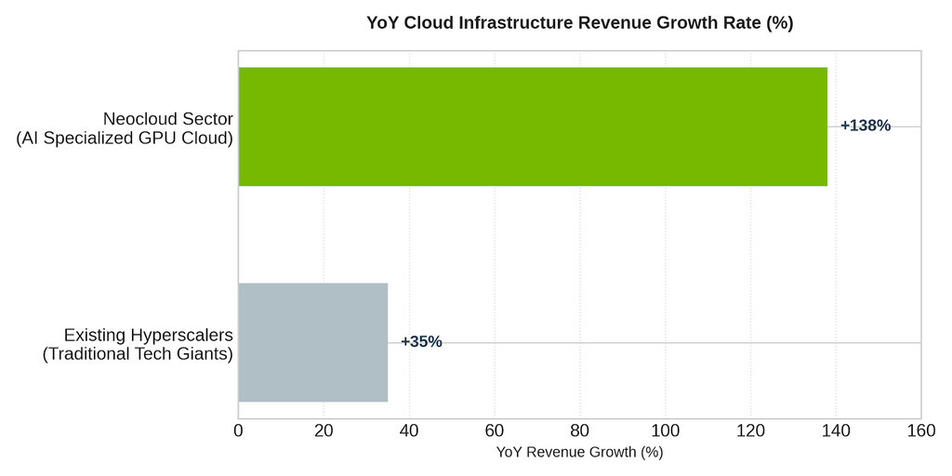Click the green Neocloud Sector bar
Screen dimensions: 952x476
pyautogui.click(x=533, y=126)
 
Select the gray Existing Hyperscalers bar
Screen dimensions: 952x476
pyautogui.click(x=312, y=342)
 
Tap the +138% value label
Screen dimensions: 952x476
pyautogui.click(x=866, y=126)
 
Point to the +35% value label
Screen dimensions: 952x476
pyautogui.click(x=421, y=342)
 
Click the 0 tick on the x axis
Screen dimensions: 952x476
pyautogui.click(x=239, y=430)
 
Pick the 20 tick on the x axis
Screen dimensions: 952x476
pyautogui.click(x=324, y=430)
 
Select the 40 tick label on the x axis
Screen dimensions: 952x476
pyautogui.click(x=409, y=430)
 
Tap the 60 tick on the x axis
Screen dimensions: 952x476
pyautogui.click(x=495, y=430)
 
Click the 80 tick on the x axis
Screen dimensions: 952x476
pyautogui.click(x=580, y=430)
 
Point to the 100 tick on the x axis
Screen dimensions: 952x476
pyautogui.click(x=666, y=430)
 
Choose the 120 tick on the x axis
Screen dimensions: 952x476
pyautogui.click(x=750, y=430)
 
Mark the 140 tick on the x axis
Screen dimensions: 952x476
pyautogui.click(x=836, y=430)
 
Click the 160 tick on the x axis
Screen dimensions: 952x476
pyautogui.click(x=921, y=430)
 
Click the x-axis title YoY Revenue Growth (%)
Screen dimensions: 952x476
pyautogui.click(x=580, y=453)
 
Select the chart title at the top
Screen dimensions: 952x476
pyautogui.click(x=580, y=23)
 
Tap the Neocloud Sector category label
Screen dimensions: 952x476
pyautogui.click(x=167, y=118)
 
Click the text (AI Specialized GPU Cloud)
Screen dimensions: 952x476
pyautogui.click(x=125, y=139)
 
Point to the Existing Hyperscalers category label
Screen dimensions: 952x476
pyautogui.click(x=149, y=335)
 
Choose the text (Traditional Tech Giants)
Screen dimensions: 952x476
pyautogui.click(x=138, y=354)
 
